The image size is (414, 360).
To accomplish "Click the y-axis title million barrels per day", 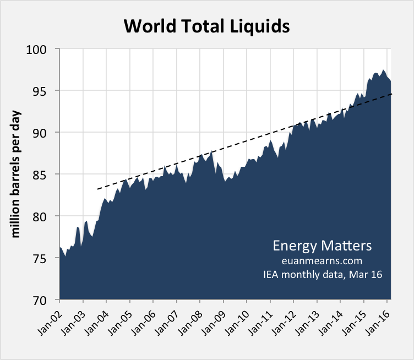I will tap(16, 174).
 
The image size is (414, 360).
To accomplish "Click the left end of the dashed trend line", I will tap(97, 189).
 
